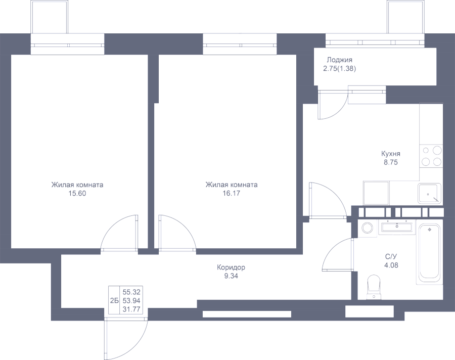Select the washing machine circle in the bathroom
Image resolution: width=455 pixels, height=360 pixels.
pos(367,228)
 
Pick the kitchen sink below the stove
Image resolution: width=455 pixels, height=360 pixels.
pos(429,193)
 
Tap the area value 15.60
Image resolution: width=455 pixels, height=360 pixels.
pos(77,193)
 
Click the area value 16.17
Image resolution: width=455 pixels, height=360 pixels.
pos(231,193)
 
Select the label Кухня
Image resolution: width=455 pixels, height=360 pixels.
pos(391,154)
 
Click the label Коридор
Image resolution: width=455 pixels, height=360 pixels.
pos(231,267)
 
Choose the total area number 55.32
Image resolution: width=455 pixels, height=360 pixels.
pos(131,292)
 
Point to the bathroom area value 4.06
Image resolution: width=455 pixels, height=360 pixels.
pos(391,264)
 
